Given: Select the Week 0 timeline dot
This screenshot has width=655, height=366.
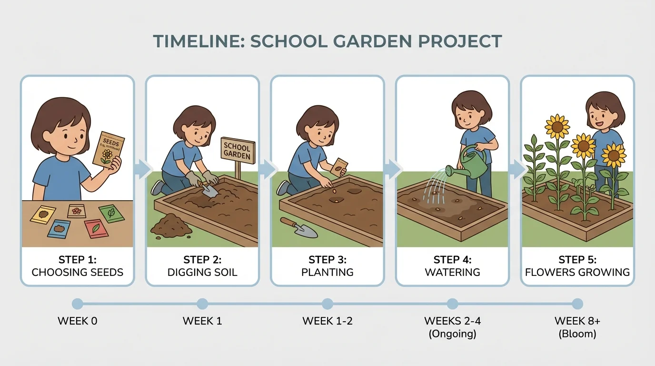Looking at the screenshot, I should (x=77, y=304).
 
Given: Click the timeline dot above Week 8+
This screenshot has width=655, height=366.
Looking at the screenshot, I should (x=577, y=304).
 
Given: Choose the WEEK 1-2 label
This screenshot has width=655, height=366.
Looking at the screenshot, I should (x=327, y=321).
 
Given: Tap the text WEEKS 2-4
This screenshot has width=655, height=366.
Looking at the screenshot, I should (x=452, y=321).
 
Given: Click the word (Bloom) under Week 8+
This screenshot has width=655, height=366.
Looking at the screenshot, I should (x=577, y=334).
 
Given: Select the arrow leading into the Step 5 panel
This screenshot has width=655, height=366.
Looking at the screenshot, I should (x=516, y=168).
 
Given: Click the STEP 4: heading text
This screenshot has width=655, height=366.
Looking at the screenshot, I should (x=452, y=260).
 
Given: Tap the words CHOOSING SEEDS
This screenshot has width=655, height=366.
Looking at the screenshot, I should (x=77, y=273).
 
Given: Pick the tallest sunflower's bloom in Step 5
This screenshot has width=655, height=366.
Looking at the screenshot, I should (x=557, y=126).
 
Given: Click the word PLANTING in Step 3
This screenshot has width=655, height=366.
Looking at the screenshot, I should (x=327, y=273).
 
